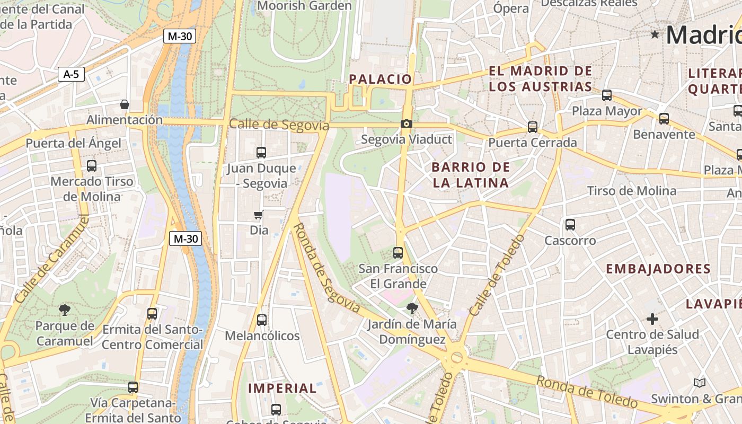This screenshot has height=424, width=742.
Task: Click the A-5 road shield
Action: click(x=71, y=74)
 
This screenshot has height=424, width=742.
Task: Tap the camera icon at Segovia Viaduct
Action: click(x=406, y=124)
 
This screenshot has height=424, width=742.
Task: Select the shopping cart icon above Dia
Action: click(x=259, y=215)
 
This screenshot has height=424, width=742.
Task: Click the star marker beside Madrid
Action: click(x=655, y=34)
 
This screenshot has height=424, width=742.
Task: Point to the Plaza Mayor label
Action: click(x=607, y=111)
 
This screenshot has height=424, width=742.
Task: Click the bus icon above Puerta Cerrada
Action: click(x=533, y=127)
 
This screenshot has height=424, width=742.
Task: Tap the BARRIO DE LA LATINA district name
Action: click(x=470, y=175)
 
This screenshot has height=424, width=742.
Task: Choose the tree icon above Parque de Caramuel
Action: click(x=65, y=310)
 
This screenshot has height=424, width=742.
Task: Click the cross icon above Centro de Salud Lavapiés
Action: click(x=652, y=319)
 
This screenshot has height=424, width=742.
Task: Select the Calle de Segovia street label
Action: click(x=279, y=125)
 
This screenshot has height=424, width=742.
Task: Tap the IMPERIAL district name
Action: click(x=282, y=388)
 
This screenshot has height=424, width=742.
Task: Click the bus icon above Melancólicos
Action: click(x=262, y=320)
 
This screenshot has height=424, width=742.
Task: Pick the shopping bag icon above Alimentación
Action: click(x=125, y=104)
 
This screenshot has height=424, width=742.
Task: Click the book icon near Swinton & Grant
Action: click(x=700, y=383)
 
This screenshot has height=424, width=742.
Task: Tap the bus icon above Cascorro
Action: click(x=570, y=225)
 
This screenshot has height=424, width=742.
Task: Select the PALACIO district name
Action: click(x=380, y=79)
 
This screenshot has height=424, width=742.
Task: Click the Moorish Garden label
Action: click(x=304, y=6)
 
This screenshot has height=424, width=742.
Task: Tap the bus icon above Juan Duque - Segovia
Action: click(x=261, y=153)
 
